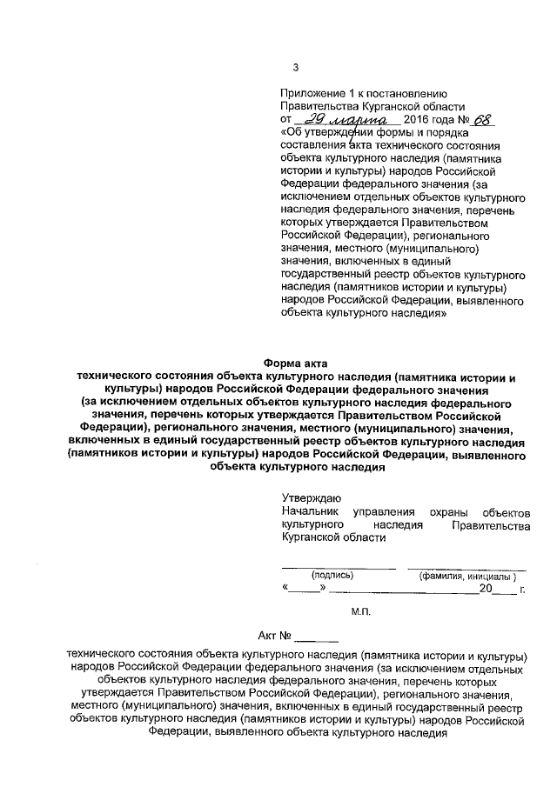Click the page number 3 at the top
pos(295,68)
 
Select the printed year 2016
pos(420,120)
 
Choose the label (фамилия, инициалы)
pos(467,576)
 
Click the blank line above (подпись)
pos(338,567)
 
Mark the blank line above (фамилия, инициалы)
pos(467,567)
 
